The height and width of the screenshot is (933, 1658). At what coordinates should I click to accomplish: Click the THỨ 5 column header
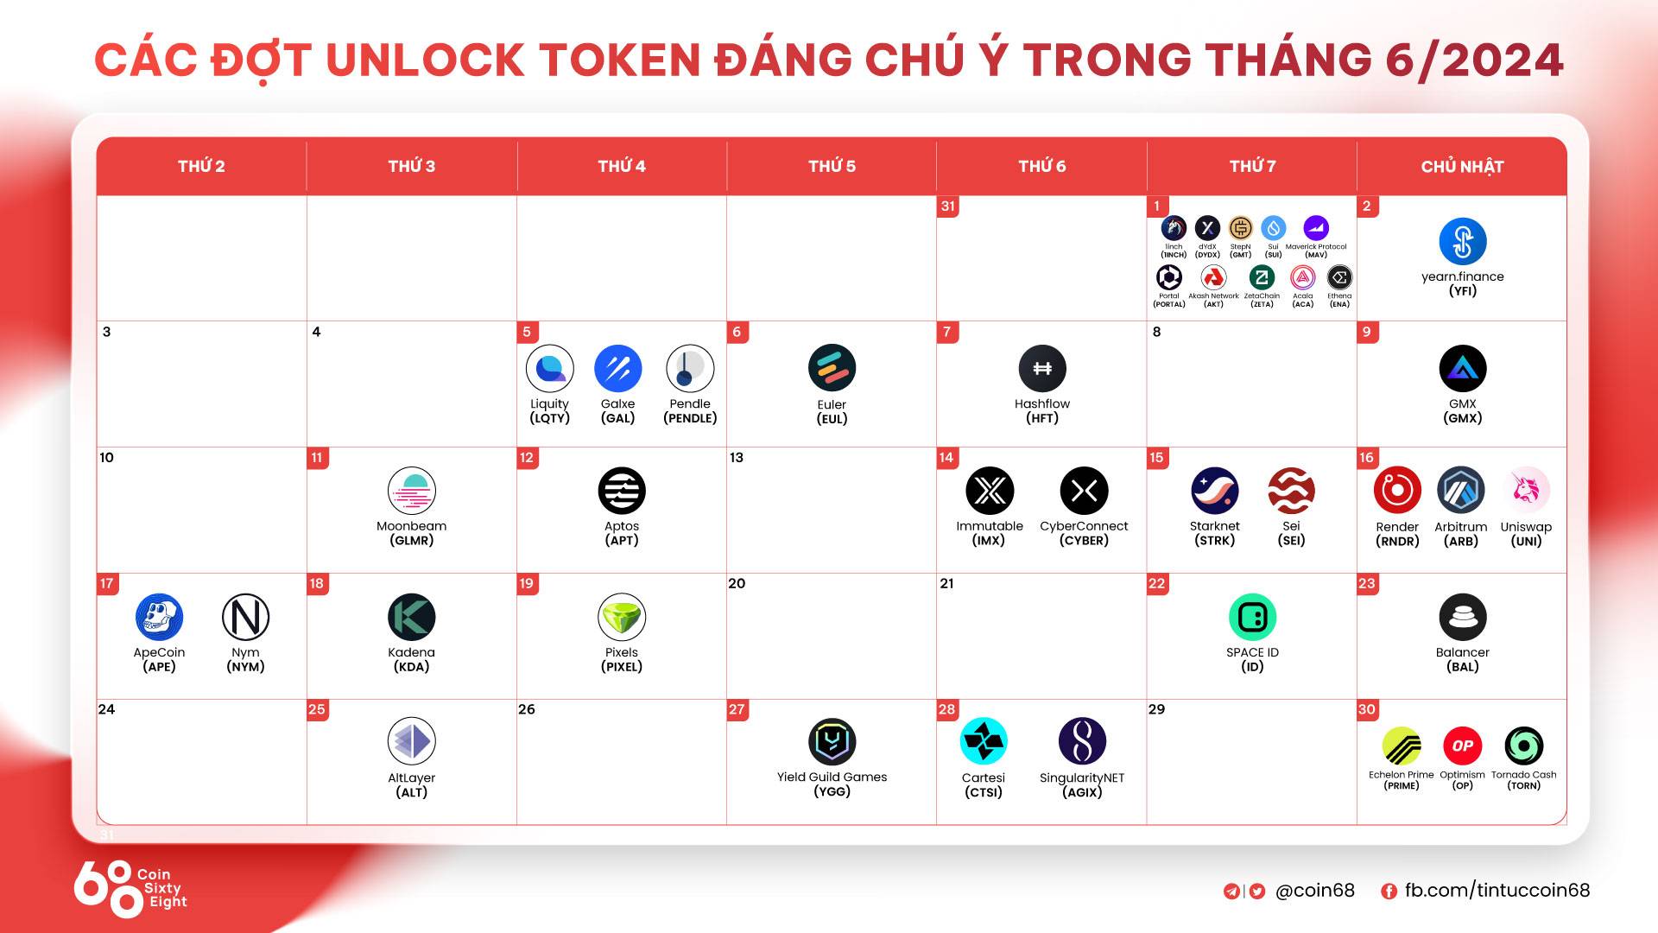pyautogui.click(x=832, y=166)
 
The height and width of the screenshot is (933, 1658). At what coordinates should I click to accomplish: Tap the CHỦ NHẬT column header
pyautogui.click(x=1462, y=166)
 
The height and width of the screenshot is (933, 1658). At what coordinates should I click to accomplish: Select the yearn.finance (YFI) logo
pyautogui.click(x=1463, y=241)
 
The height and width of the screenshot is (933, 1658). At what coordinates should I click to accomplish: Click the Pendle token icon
pyautogui.click(x=690, y=368)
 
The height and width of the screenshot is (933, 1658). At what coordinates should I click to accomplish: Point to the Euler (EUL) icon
pyautogui.click(x=832, y=368)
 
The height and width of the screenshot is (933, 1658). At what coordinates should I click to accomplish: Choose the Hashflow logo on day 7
pyautogui.click(x=1042, y=368)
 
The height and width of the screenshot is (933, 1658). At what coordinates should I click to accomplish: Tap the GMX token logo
pyautogui.click(x=1463, y=368)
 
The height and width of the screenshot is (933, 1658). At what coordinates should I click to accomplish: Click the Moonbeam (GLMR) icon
pyautogui.click(x=412, y=491)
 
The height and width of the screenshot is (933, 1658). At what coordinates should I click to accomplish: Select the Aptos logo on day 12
pyautogui.click(x=622, y=491)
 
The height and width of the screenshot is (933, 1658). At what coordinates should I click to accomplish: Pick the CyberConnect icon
pyautogui.click(x=1084, y=491)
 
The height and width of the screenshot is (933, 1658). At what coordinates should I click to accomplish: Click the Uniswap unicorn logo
pyautogui.click(x=1526, y=490)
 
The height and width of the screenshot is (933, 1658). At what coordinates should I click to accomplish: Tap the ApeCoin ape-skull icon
pyautogui.click(x=160, y=617)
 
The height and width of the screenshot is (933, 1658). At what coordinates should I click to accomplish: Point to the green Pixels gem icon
pyautogui.click(x=622, y=617)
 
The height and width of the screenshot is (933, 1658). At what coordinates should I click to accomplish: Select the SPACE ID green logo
pyautogui.click(x=1252, y=617)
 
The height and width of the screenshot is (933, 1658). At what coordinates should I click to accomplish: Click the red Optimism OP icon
pyautogui.click(x=1462, y=746)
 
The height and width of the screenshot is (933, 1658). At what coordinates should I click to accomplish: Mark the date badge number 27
pyautogui.click(x=737, y=709)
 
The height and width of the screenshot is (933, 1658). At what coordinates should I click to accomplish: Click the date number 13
pyautogui.click(x=737, y=457)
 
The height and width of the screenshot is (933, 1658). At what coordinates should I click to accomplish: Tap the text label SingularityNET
pyautogui.click(x=1082, y=777)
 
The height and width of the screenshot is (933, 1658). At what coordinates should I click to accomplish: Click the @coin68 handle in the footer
pyautogui.click(x=1314, y=890)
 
